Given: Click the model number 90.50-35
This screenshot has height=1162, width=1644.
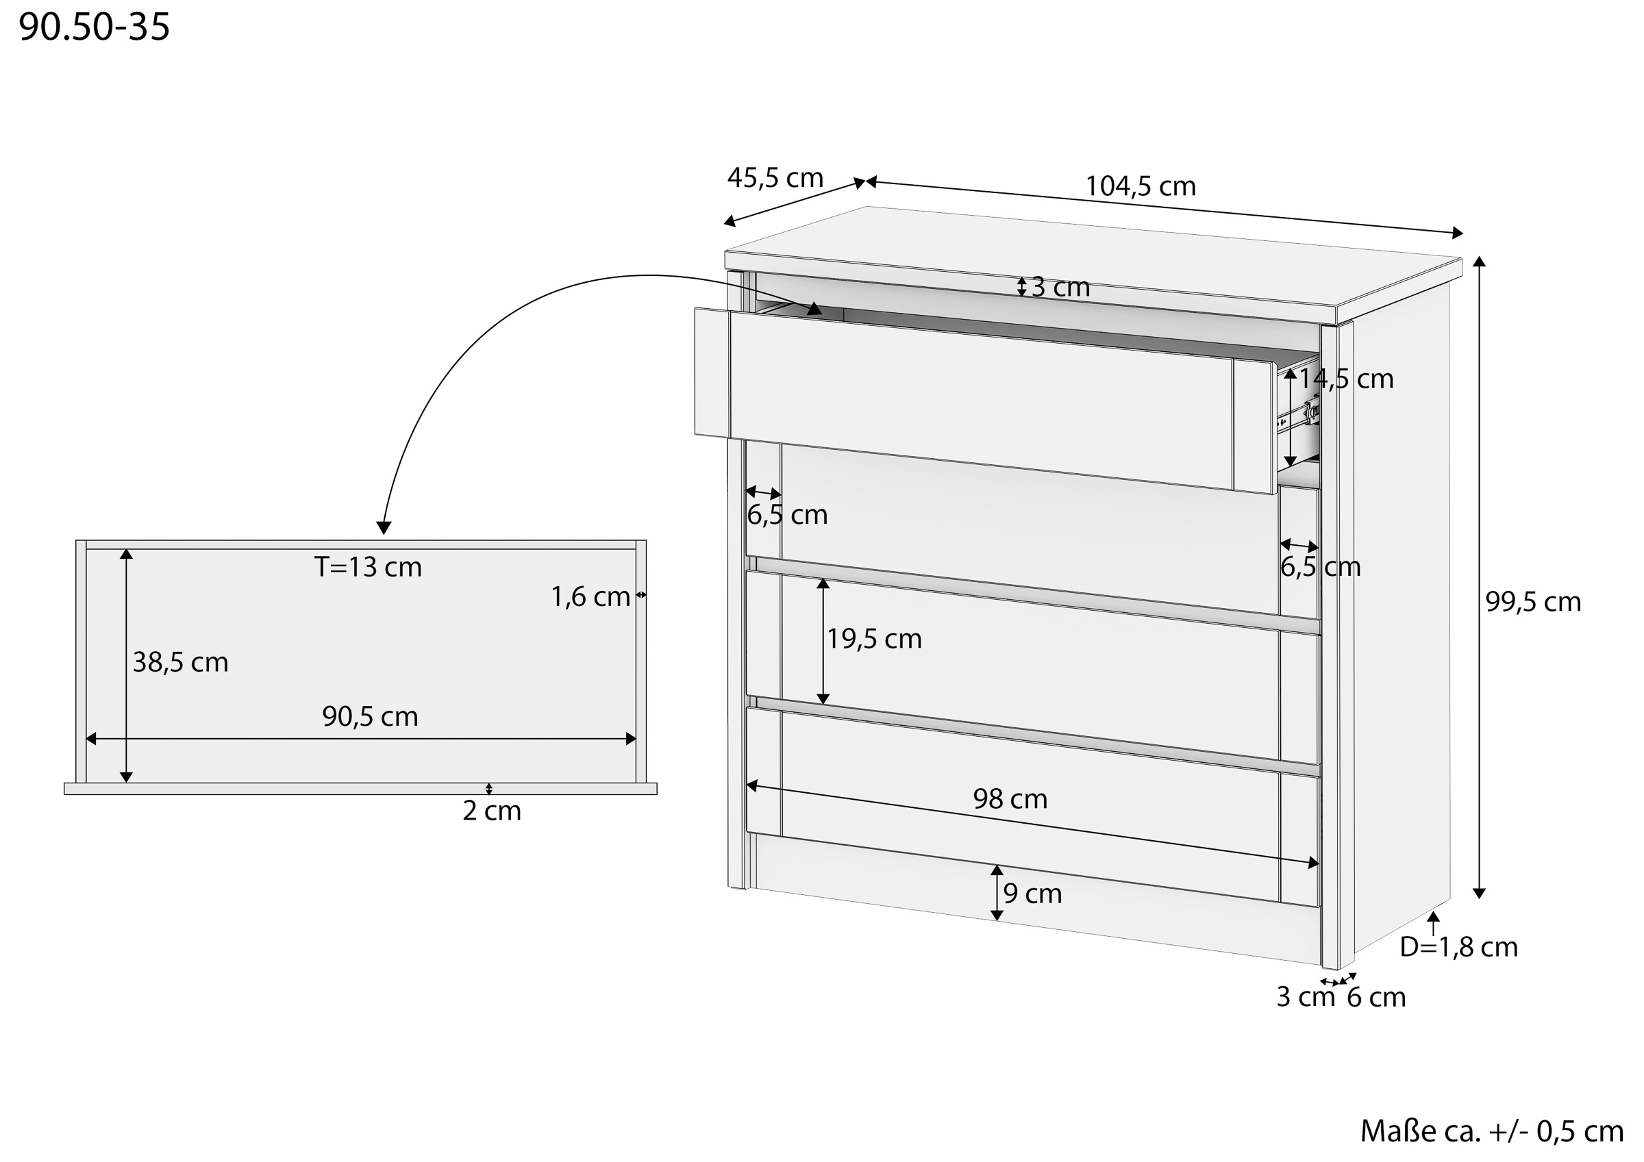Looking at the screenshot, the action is click(94, 27).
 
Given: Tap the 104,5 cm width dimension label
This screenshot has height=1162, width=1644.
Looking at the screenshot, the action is click(1141, 186).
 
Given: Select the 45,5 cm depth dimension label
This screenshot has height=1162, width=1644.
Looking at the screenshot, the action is click(775, 177).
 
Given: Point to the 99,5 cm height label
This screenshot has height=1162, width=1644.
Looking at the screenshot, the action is click(1533, 601).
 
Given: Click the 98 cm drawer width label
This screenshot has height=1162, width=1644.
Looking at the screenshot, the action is click(1010, 798).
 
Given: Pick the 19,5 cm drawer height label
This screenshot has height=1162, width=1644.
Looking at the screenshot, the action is click(874, 639).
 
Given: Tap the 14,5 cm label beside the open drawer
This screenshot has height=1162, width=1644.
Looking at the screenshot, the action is click(1346, 379).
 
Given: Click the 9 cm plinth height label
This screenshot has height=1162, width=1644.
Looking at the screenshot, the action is click(1032, 894).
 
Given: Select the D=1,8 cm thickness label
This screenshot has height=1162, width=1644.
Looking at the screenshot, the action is click(1458, 947).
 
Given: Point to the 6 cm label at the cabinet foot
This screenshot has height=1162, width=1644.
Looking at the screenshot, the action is click(1376, 998).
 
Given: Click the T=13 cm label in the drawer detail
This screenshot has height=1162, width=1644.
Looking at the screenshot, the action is click(368, 567).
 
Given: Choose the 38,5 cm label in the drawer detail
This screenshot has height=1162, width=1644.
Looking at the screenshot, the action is click(180, 662).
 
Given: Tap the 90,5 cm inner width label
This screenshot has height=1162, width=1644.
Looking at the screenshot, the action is click(369, 716).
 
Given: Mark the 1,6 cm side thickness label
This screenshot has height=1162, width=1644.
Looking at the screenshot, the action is click(590, 597).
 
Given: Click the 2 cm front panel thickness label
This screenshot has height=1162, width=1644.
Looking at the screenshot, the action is click(492, 811).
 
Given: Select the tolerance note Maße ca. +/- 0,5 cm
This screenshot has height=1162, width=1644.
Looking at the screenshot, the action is click(1491, 1131).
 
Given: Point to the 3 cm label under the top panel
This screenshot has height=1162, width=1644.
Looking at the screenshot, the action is click(1060, 287).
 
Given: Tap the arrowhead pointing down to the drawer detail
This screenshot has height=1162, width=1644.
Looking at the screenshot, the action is click(384, 528).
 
